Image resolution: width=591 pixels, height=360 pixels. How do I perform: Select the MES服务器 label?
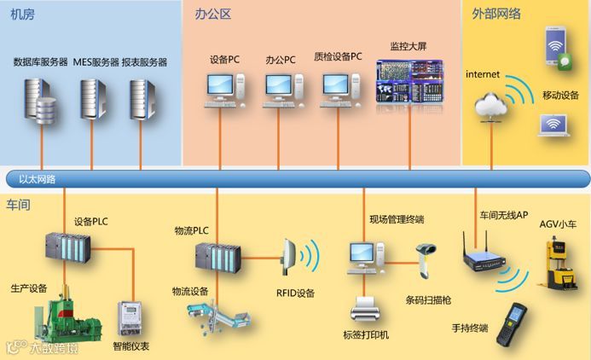95,62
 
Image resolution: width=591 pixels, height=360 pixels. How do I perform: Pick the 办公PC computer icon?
281,90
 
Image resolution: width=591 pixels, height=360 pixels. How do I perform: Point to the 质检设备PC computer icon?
338,90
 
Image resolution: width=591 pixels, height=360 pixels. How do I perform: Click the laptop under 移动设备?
553,126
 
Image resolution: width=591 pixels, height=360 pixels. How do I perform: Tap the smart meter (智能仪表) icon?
130,318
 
